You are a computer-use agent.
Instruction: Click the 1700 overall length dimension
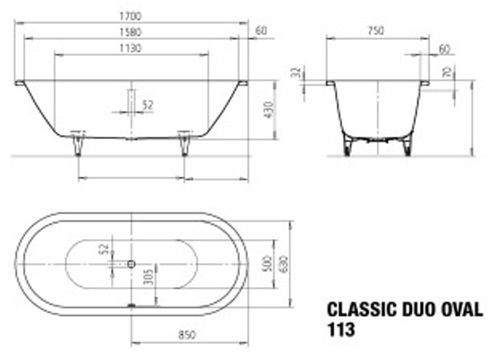pos(130,16)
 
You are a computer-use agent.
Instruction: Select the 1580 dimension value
pos(130,32)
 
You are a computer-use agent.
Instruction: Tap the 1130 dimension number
pos(130,48)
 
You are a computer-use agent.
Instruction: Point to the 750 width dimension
pos(376,30)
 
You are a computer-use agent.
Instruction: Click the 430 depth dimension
pos(268,110)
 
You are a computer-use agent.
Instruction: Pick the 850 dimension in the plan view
pos(187,335)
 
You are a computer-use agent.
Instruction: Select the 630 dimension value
pos(283,264)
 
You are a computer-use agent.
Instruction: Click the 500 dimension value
pos(267,264)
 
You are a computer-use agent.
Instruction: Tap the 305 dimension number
pos(148,276)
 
